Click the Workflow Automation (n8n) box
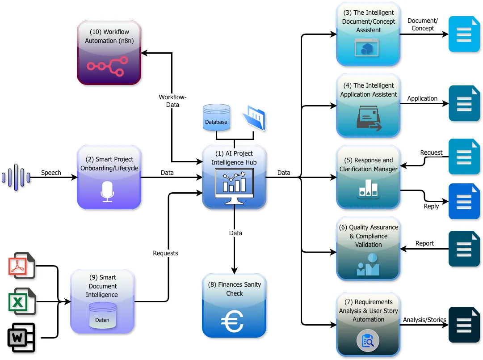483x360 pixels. (109, 53)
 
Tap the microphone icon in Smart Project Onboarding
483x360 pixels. (107, 191)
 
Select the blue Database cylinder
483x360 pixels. (216, 118)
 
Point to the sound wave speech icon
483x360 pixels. (16, 178)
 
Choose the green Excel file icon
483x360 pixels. (21, 301)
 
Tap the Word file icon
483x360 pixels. (21, 336)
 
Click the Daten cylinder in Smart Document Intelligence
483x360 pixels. (102, 315)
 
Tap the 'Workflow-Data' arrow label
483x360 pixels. (172, 101)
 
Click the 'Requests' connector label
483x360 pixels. (165, 253)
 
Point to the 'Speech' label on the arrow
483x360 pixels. (51, 173)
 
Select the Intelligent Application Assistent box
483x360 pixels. (368, 106)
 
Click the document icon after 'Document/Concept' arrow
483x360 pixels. (464, 34)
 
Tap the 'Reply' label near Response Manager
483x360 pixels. (431, 206)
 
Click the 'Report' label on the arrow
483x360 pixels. (424, 243)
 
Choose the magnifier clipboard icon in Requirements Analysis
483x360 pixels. (368, 341)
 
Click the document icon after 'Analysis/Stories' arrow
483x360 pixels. (464, 325)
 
